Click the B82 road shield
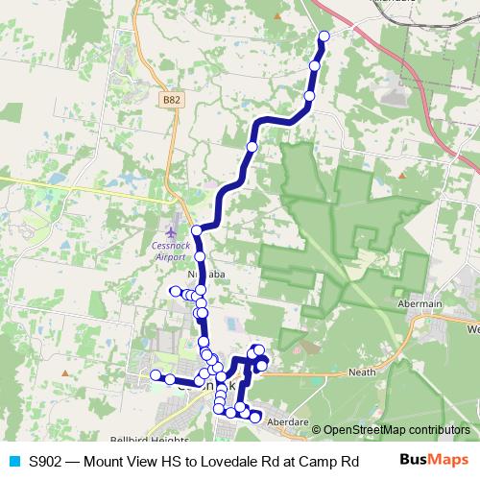click(x=172, y=99)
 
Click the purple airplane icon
click(x=171, y=232)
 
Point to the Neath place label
click(x=362, y=372)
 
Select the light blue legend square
click(x=12, y=461)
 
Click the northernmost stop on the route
click(x=324, y=36)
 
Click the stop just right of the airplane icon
click(x=197, y=230)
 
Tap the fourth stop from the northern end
click(x=252, y=147)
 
